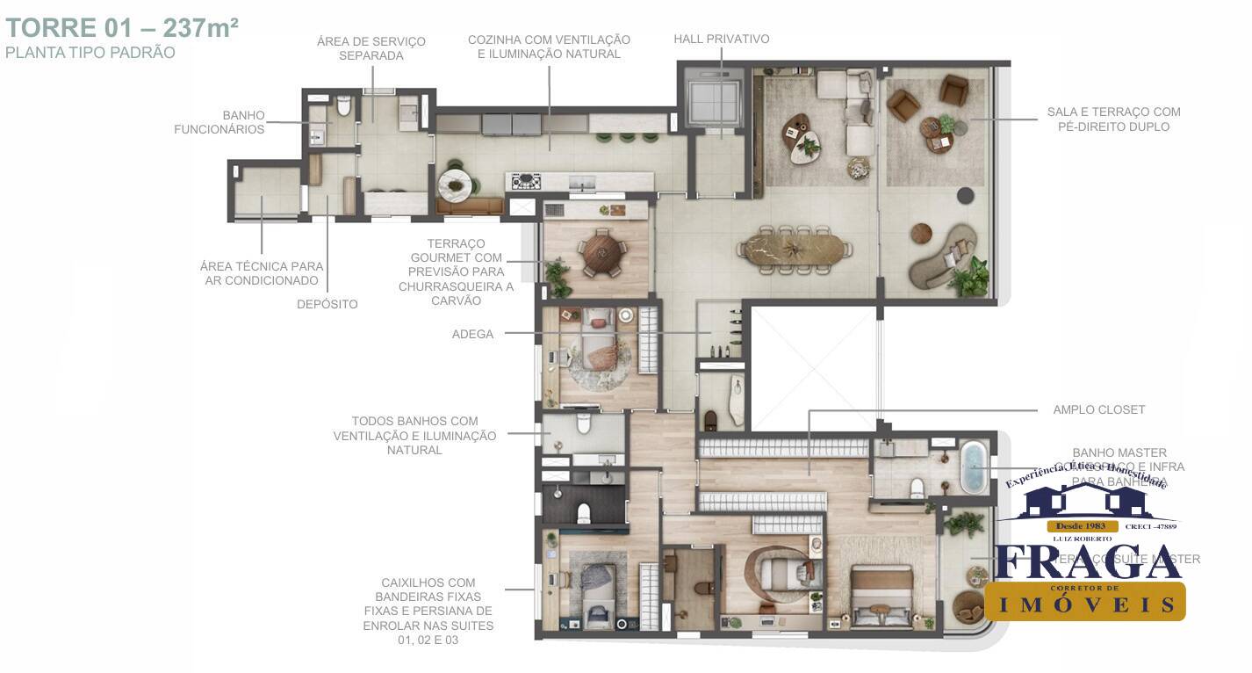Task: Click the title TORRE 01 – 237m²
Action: [x=122, y=27]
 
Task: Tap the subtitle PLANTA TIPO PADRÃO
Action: [x=90, y=53]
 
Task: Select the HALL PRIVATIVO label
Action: [x=721, y=40]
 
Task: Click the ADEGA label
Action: [x=472, y=334]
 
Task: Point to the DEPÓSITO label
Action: [x=327, y=304]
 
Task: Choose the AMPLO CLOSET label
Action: [x=1098, y=409]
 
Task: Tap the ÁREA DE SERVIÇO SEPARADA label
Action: [x=371, y=48]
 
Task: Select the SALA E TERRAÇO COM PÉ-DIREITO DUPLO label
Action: [x=1112, y=119]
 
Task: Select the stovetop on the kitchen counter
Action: [x=527, y=181]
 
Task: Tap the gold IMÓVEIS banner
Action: [x=1084, y=603]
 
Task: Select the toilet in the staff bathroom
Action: [x=343, y=108]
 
